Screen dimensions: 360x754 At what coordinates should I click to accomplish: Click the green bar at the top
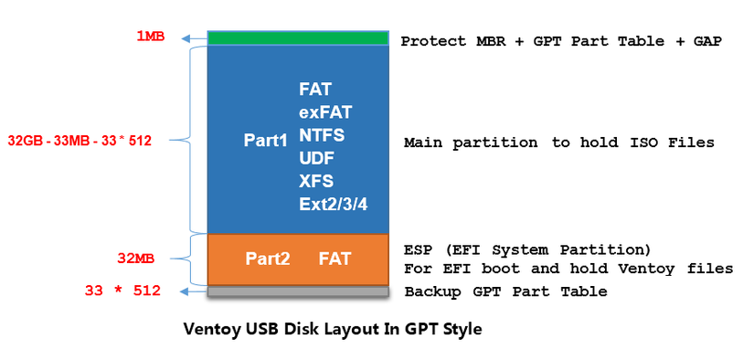coord(298,38)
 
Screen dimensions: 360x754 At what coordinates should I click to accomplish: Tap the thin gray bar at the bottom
coord(298,291)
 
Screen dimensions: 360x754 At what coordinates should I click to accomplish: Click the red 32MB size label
coord(136,259)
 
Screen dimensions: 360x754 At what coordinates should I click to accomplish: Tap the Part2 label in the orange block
coord(268,259)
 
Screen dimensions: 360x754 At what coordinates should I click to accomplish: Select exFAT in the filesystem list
coord(325,112)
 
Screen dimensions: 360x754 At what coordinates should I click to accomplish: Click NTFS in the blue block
coord(322,134)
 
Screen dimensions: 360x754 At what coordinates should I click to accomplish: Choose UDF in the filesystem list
coord(316,157)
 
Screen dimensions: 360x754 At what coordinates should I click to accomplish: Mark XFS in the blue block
coord(315,180)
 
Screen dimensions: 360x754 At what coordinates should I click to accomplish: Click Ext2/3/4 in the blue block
coord(333,203)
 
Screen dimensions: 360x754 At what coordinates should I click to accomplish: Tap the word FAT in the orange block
coord(335,259)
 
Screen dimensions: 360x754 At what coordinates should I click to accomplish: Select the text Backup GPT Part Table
coord(505,291)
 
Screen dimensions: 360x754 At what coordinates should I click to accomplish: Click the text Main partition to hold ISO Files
coord(558,143)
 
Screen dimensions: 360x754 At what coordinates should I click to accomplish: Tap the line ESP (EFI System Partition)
coord(527,249)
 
